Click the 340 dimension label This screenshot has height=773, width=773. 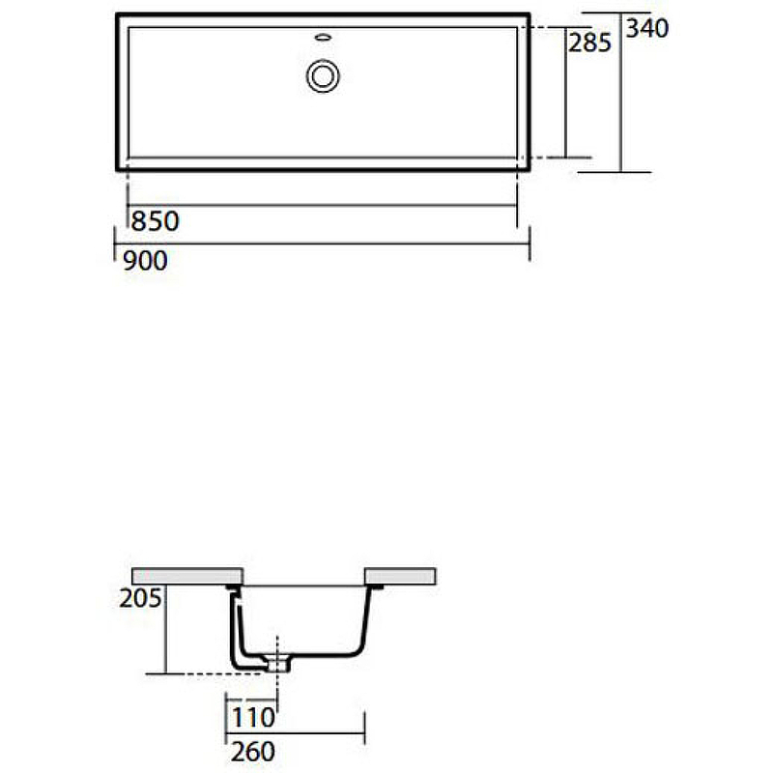tap(646, 29)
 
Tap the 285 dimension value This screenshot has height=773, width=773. tap(588, 43)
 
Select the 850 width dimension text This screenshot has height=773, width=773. tap(155, 221)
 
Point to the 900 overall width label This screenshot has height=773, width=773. tap(145, 260)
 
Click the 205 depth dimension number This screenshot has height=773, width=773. tap(140, 599)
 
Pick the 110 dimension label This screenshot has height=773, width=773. tap(252, 718)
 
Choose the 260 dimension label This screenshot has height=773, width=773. tap(252, 751)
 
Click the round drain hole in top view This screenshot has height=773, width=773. tap(323, 75)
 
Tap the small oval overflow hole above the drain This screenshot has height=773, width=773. tap(323, 39)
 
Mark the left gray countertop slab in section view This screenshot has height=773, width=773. tap(186, 576)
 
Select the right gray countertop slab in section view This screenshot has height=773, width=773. tap(399, 576)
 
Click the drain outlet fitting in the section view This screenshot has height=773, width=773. tap(278, 664)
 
